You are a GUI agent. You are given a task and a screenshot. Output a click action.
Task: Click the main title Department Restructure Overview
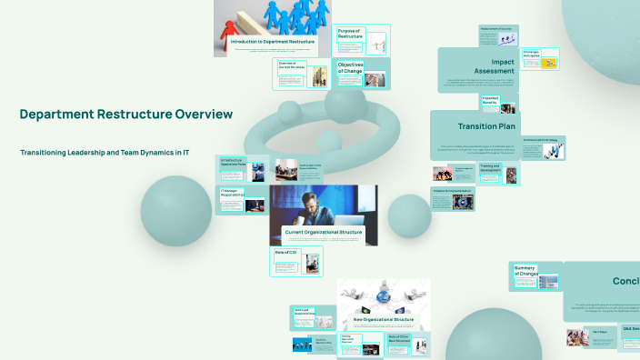(126, 115)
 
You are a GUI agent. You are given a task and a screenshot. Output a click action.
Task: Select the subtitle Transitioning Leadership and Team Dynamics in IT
(105, 153)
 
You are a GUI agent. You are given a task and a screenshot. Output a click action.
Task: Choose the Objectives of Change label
(351, 68)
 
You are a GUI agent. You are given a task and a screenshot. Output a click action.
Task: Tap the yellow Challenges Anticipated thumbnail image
(550, 63)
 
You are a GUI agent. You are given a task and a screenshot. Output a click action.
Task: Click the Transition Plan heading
(488, 126)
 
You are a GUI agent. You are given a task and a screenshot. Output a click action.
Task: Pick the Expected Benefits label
(491, 100)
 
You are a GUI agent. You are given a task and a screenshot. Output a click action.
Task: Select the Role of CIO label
(287, 252)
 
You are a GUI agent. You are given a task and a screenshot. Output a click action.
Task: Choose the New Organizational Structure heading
(383, 320)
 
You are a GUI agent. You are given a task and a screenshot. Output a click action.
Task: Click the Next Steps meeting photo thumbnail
(577, 339)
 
